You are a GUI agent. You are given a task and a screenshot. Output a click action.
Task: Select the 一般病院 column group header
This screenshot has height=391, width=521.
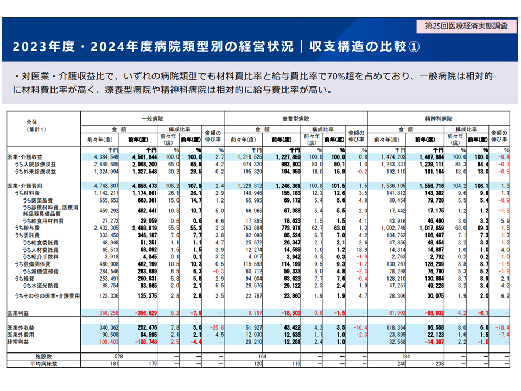152,118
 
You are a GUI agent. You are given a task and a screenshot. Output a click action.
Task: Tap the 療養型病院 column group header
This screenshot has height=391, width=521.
295,118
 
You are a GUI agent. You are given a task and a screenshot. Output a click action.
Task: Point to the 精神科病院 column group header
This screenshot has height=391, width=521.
440,118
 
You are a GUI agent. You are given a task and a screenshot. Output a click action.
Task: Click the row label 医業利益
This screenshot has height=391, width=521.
20,313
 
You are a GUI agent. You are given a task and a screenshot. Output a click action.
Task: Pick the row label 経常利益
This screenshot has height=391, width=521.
20,343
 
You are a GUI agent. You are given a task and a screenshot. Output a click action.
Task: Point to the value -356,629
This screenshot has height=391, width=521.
143,313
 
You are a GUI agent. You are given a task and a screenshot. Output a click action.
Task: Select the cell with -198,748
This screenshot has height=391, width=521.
143,343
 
